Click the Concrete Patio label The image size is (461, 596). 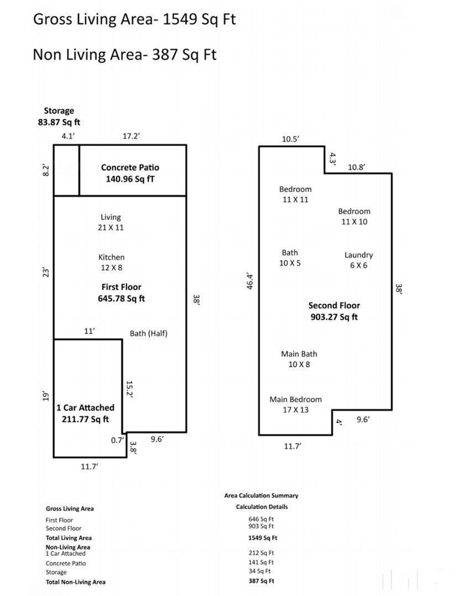point(130,173)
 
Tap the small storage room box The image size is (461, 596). point(66,170)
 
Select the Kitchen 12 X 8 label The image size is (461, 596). point(111,262)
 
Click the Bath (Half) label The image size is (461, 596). point(148,333)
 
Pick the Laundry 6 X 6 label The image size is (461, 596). point(358,260)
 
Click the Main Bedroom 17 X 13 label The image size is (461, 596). point(295,405)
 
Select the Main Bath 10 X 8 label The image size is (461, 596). point(299,359)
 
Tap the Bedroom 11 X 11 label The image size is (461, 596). point(295,194)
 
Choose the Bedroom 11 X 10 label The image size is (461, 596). point(354,216)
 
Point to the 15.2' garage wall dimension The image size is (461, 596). point(129,389)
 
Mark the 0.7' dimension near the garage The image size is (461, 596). point(117,440)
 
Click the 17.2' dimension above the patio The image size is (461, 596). point(130,136)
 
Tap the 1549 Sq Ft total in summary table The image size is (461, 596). point(263,538)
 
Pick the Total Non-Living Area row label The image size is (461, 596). point(75,582)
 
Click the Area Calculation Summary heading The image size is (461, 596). point(261,496)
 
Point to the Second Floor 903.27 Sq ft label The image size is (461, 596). point(334,311)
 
